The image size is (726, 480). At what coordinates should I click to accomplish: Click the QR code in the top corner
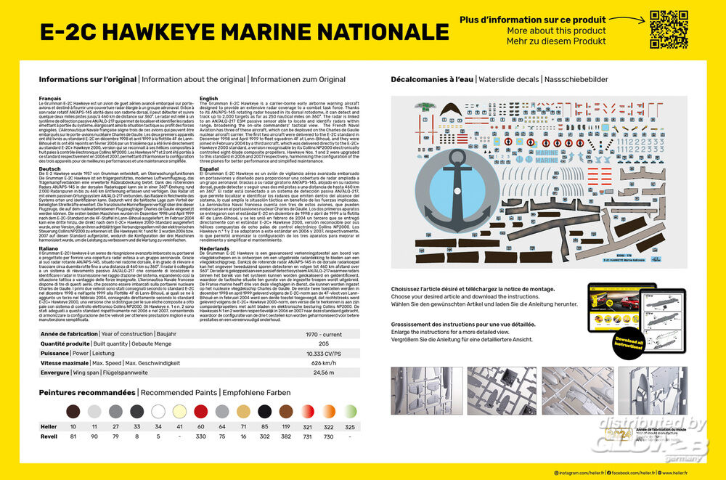669,30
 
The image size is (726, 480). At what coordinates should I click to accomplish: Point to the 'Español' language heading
208,168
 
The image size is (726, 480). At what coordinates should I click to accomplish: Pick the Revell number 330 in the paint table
200,436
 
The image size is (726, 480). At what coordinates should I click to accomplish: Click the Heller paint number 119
285,427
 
